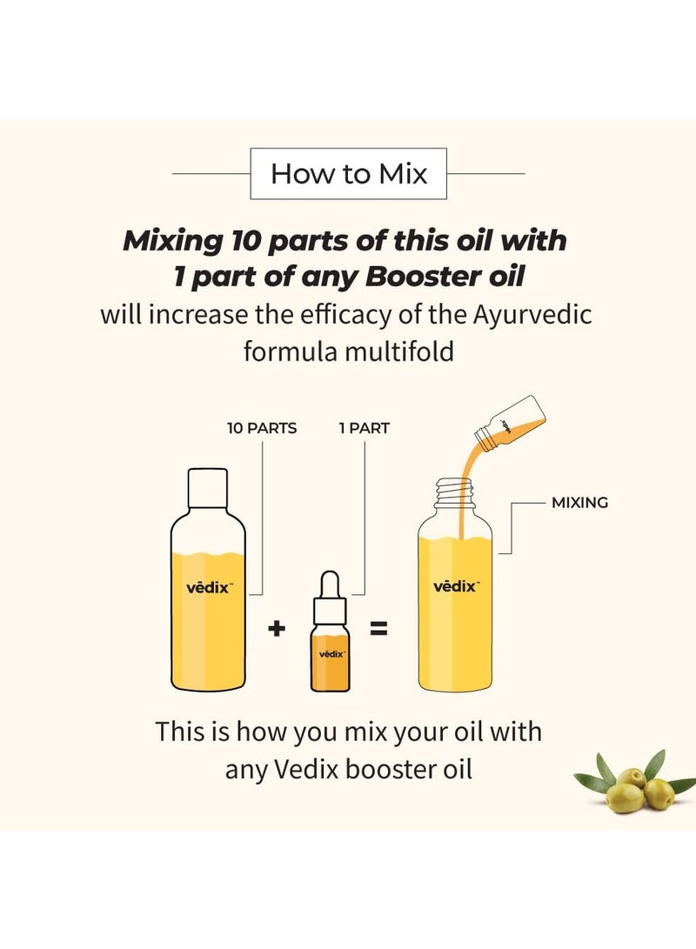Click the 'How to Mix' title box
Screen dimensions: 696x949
[x=348, y=174]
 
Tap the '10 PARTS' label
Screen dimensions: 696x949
[x=262, y=429]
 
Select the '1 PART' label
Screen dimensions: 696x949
[x=364, y=429]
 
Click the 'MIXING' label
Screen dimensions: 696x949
[x=579, y=503]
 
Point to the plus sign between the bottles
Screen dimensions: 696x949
[x=277, y=627]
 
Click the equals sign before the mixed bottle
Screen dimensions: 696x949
[x=378, y=627]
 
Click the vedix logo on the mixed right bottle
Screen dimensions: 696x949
[x=455, y=586]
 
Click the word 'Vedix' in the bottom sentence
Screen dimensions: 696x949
[x=298, y=770]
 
